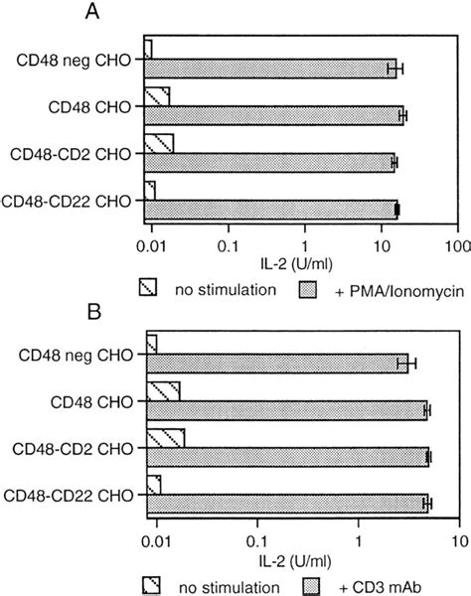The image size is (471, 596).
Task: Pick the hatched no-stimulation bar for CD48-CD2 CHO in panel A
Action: [159, 142]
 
